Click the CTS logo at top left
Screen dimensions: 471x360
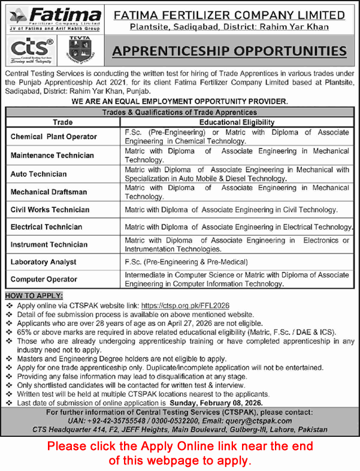click(x=31, y=47)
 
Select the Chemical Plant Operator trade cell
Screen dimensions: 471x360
click(x=54, y=137)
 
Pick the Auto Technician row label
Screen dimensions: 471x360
click(x=39, y=174)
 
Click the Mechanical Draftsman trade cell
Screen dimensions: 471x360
click(x=49, y=192)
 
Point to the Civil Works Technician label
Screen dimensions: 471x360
click(x=50, y=210)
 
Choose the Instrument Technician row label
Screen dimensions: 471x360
click(x=49, y=244)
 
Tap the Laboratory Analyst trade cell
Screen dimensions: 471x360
click(x=44, y=262)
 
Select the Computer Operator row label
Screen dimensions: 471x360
click(x=44, y=279)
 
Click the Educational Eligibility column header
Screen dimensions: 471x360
click(x=237, y=121)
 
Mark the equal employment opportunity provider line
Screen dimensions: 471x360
click(x=180, y=102)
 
